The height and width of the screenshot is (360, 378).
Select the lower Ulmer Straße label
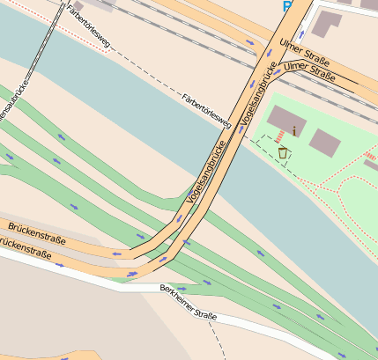(x=310, y=71)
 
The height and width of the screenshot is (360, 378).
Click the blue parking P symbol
(x=287, y=6)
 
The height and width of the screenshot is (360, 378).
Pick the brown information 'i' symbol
(x=293, y=131)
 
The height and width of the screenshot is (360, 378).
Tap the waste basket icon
(x=284, y=152)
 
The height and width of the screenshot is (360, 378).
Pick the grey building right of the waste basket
(x=325, y=143)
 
